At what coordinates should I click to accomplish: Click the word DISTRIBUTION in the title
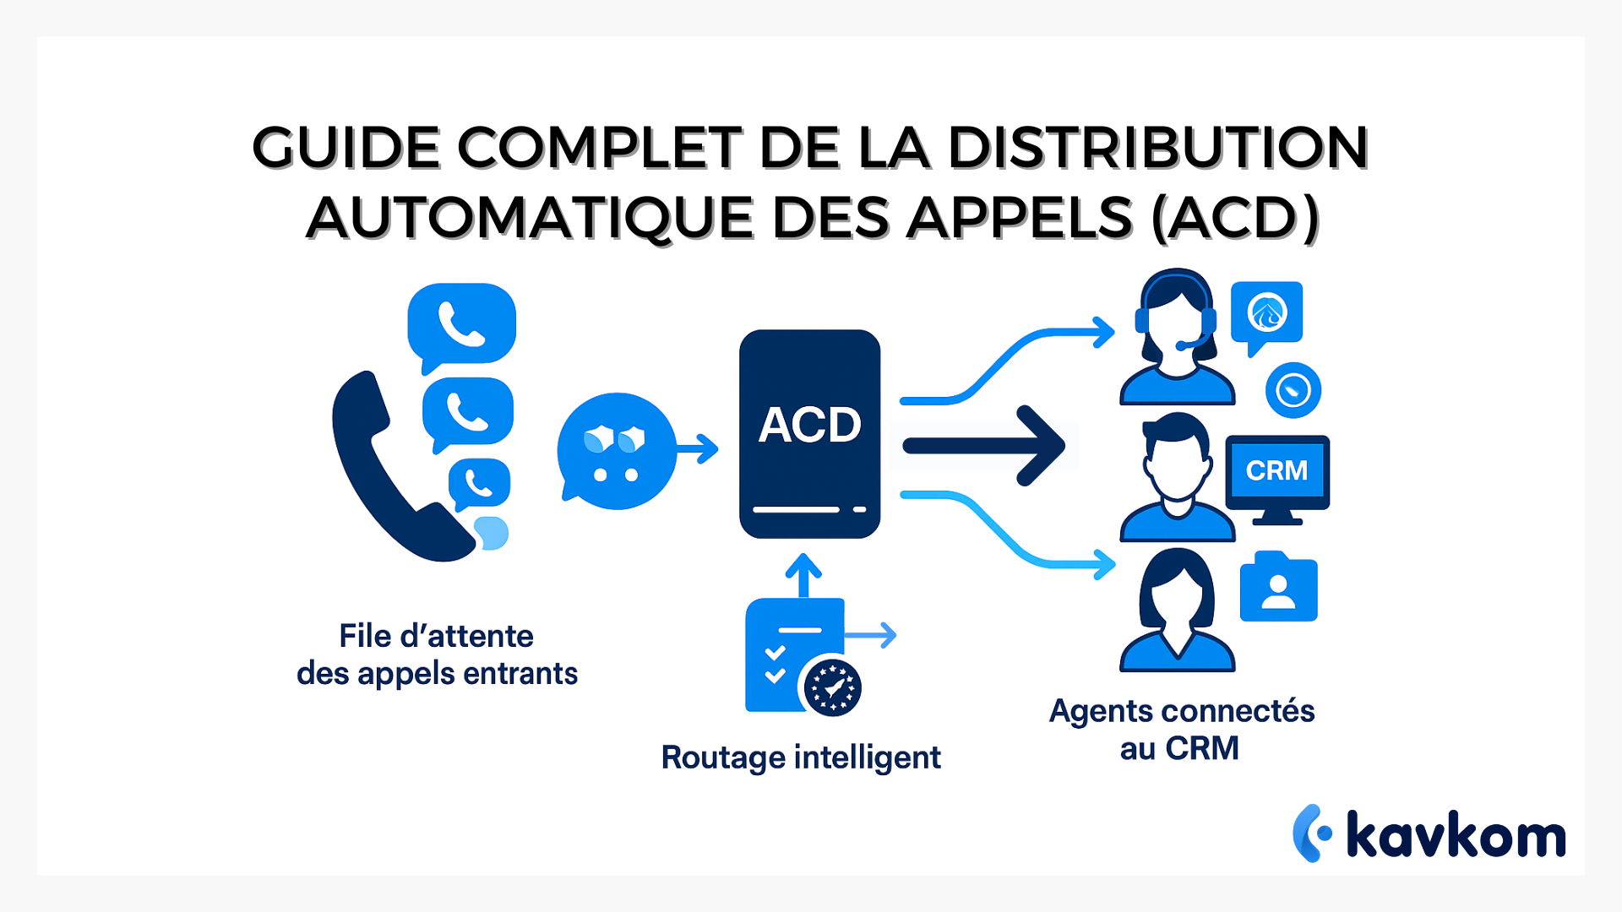pos(1157,148)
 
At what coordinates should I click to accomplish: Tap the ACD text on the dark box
pos(809,424)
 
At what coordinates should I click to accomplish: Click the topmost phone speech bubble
pos(461,324)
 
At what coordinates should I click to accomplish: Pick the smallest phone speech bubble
pos(479,484)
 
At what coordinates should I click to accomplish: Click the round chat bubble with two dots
pos(617,452)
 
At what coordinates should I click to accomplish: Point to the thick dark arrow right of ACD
pos(984,445)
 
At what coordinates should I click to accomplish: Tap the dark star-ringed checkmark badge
pos(832,687)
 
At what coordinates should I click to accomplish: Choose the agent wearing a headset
pos(1177,338)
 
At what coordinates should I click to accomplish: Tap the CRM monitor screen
pos(1276,470)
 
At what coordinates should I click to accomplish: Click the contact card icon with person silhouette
pos(1278,589)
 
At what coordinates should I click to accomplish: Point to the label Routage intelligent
pos(800,757)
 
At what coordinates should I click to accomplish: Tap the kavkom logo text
pos(1456,835)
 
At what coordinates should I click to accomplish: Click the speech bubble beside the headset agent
pos(1266,315)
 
